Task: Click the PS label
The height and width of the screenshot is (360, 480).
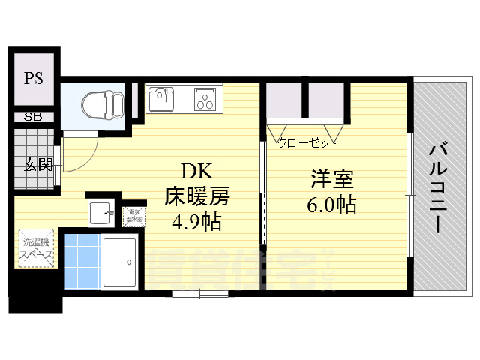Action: (32, 78)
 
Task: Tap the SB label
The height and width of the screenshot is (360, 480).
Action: (32, 117)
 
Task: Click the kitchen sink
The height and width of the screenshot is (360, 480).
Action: (162, 98)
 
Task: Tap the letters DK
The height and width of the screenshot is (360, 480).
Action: (193, 172)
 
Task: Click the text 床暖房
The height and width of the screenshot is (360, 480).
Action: (197, 196)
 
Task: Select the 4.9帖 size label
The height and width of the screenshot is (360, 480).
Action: (196, 222)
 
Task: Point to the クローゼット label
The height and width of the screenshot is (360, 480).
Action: (307, 142)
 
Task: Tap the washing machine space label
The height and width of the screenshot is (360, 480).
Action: (37, 248)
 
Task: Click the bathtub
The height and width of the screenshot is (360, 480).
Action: (119, 262)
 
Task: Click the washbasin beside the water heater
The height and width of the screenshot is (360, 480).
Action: (100, 213)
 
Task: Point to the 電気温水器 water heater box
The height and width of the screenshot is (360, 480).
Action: (135, 215)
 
